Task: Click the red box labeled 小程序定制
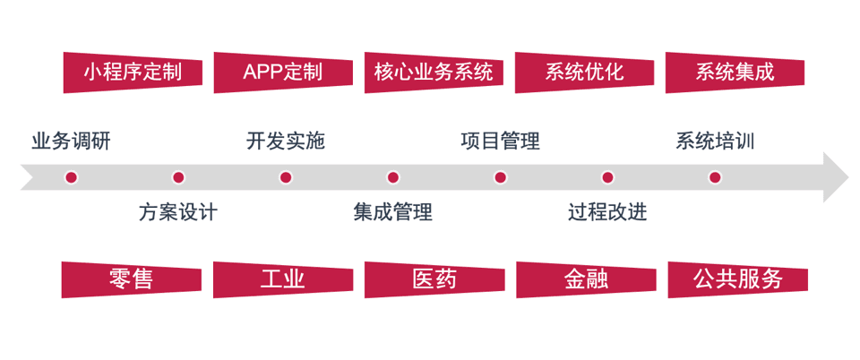(132, 73)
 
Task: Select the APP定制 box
(282, 73)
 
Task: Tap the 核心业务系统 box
(433, 73)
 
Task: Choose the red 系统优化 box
(583, 73)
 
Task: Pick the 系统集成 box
(734, 73)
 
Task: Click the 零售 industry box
(131, 279)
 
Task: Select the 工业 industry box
(282, 279)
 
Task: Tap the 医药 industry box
(434, 279)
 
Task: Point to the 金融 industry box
(585, 279)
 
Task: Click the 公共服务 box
(737, 279)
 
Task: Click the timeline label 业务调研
(71, 141)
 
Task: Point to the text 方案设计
(178, 212)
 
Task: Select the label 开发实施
(286, 141)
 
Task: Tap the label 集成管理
(392, 212)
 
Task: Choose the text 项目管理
(500, 141)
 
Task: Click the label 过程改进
(607, 212)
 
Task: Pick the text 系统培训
(715, 141)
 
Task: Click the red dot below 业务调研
(71, 177)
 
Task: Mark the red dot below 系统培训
(715, 177)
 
